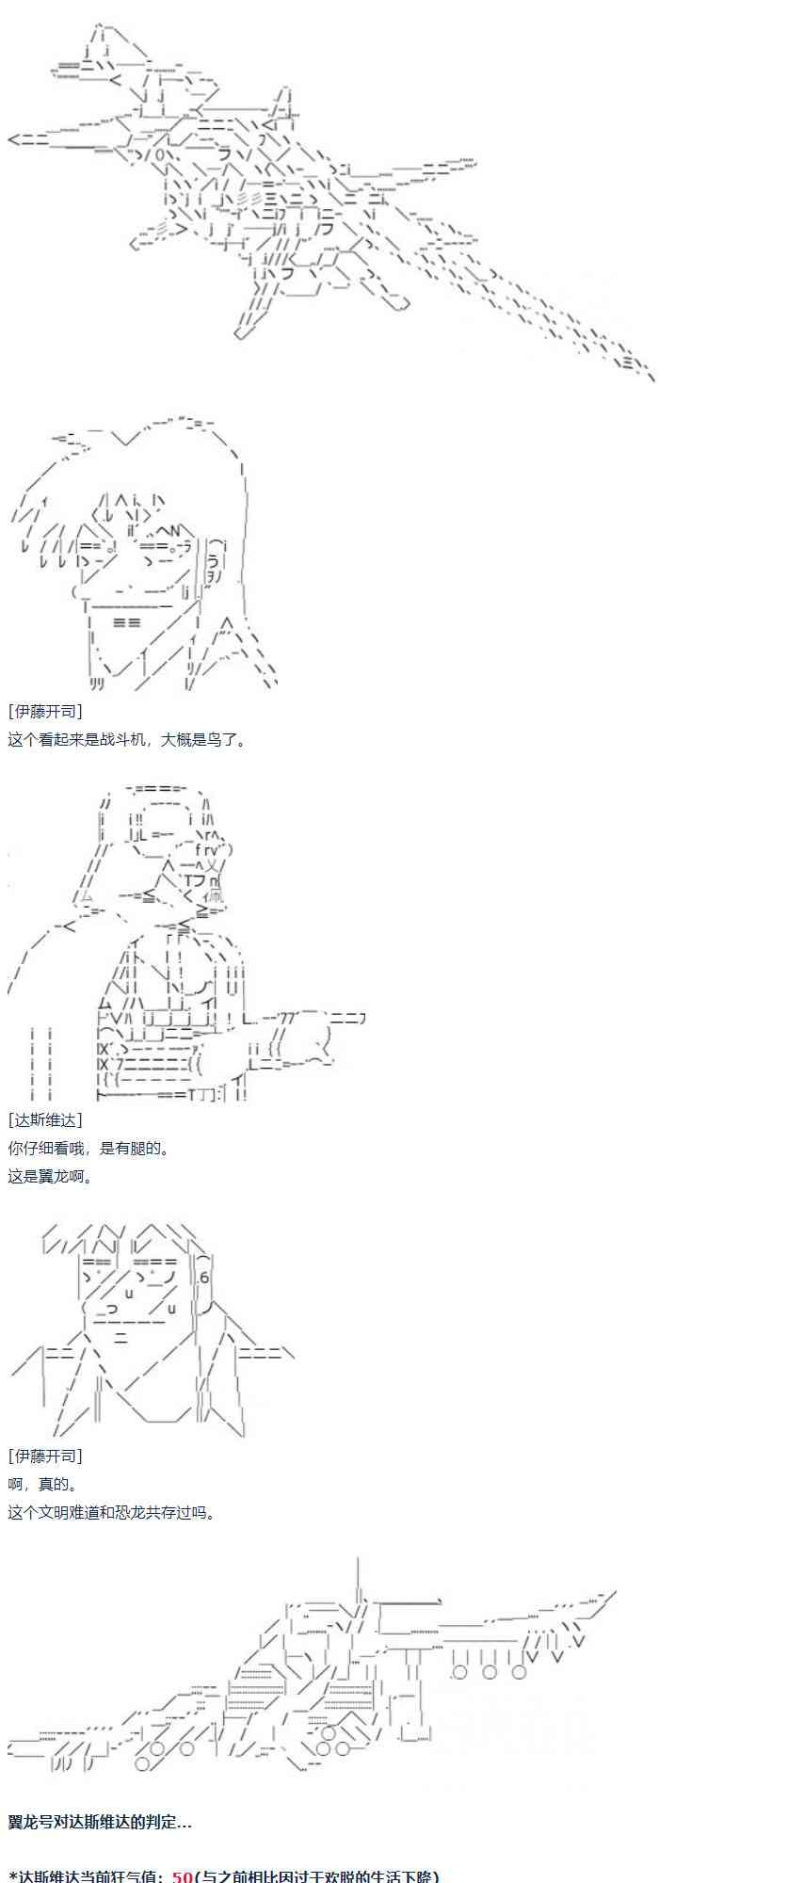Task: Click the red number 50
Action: (x=182, y=1875)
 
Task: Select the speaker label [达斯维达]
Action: (x=44, y=1119)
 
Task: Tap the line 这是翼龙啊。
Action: (x=51, y=1176)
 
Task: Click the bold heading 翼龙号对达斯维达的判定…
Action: (x=100, y=1821)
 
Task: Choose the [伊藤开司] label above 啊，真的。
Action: (x=44, y=1456)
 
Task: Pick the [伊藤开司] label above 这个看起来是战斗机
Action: (x=44, y=711)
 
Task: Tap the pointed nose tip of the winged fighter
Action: (x=15, y=139)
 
